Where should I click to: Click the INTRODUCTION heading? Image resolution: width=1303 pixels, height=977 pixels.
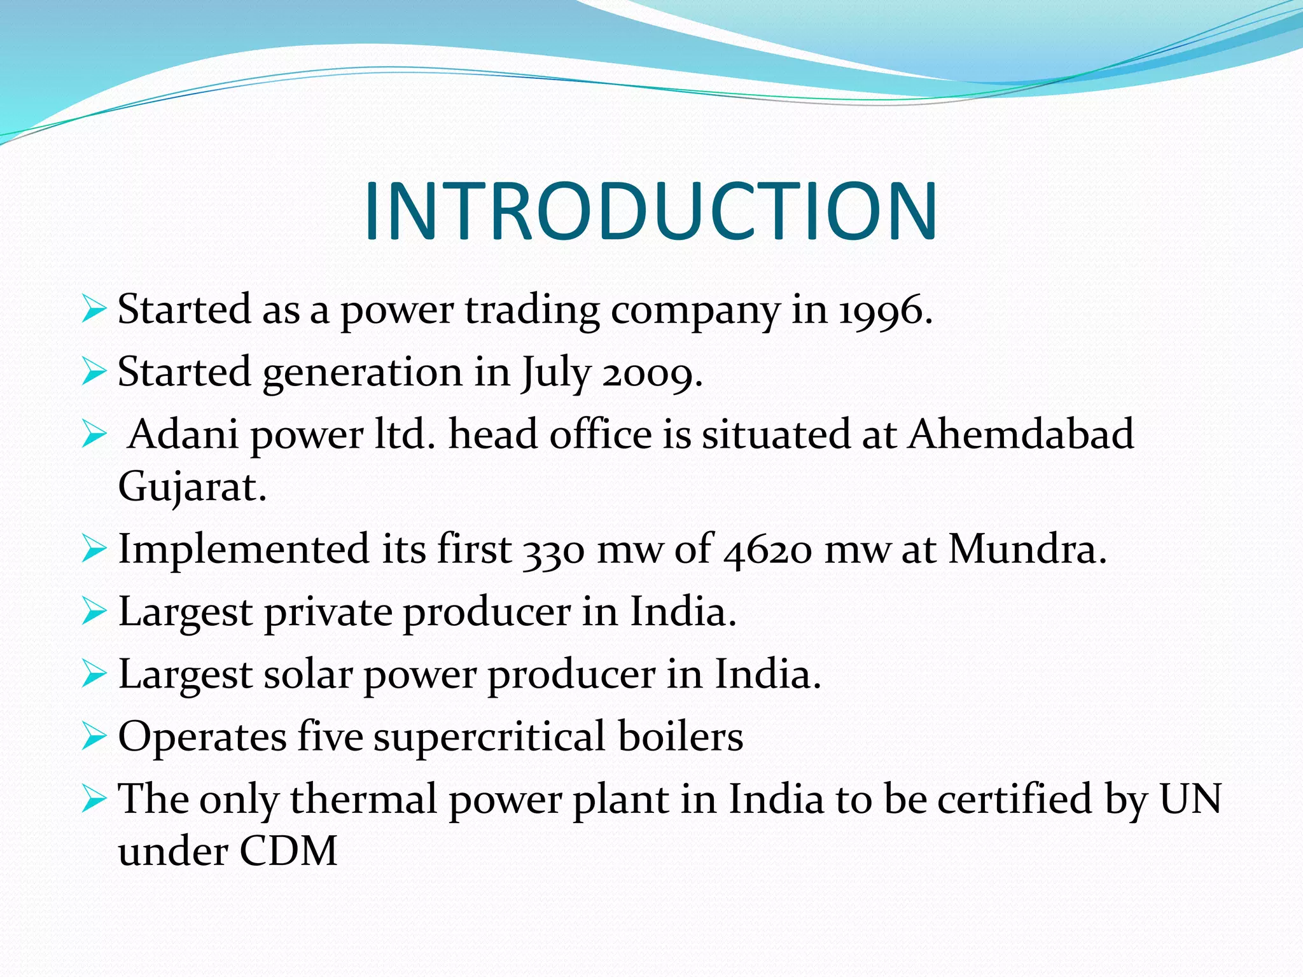point(650,211)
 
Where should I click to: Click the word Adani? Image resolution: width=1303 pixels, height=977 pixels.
point(183,434)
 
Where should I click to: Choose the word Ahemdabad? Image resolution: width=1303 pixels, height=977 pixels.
point(1021,434)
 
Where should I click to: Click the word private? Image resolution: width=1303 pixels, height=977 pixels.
point(328,613)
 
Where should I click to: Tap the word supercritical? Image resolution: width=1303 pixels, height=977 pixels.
point(489,737)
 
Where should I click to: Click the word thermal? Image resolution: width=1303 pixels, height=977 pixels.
point(363,799)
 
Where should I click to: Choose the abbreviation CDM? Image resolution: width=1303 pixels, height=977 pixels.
point(288,851)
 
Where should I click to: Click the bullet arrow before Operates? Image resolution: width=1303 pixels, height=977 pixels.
point(94,737)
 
